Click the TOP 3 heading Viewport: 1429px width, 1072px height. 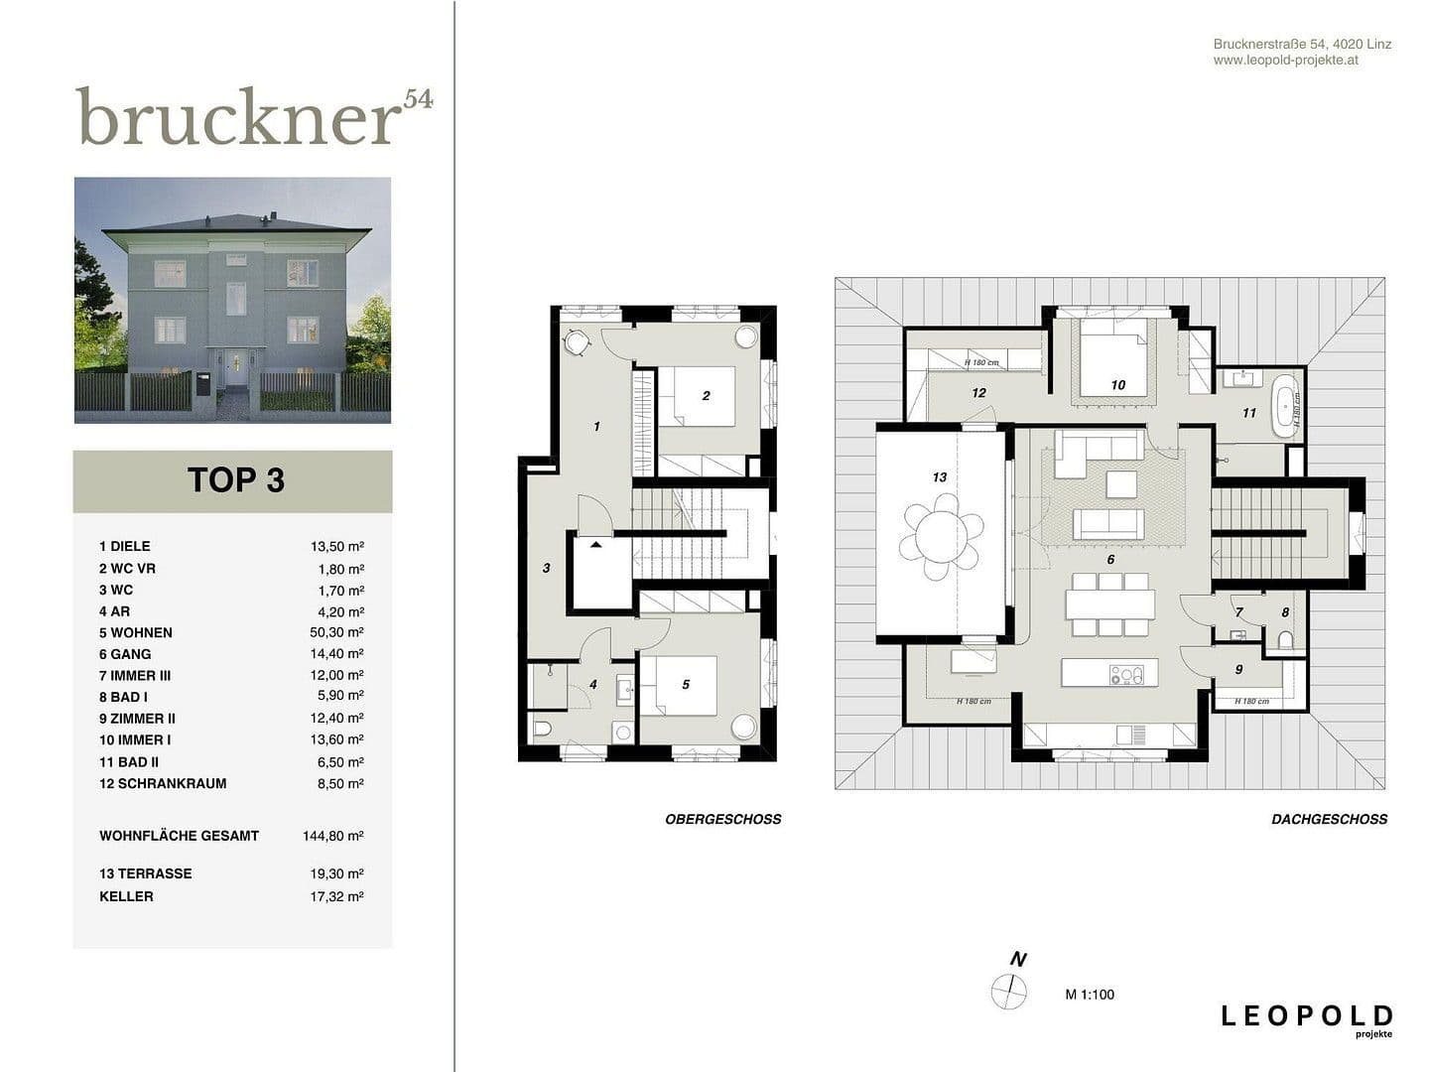click(x=235, y=480)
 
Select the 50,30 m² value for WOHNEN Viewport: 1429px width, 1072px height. click(x=336, y=632)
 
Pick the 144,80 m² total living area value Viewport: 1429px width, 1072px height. click(x=332, y=836)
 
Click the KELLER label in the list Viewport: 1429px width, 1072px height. click(x=126, y=896)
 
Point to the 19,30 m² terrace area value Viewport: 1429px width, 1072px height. click(x=336, y=873)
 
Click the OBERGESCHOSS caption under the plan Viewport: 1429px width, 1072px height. click(x=722, y=819)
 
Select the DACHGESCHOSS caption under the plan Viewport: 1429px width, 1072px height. click(x=1329, y=819)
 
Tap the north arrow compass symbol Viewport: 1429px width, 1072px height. click(x=1008, y=991)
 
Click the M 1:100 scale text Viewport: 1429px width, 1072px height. click(x=1090, y=995)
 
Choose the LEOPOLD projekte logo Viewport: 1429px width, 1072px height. click(x=1306, y=1018)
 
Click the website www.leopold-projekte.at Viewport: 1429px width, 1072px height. click(x=1285, y=60)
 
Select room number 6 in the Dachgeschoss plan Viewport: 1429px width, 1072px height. click(x=1110, y=560)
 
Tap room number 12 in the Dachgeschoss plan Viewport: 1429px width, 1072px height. click(x=978, y=393)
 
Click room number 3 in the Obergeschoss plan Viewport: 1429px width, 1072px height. click(x=546, y=568)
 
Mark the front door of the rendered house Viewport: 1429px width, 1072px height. click(x=235, y=368)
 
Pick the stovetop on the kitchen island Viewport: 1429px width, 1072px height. click(x=1127, y=675)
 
